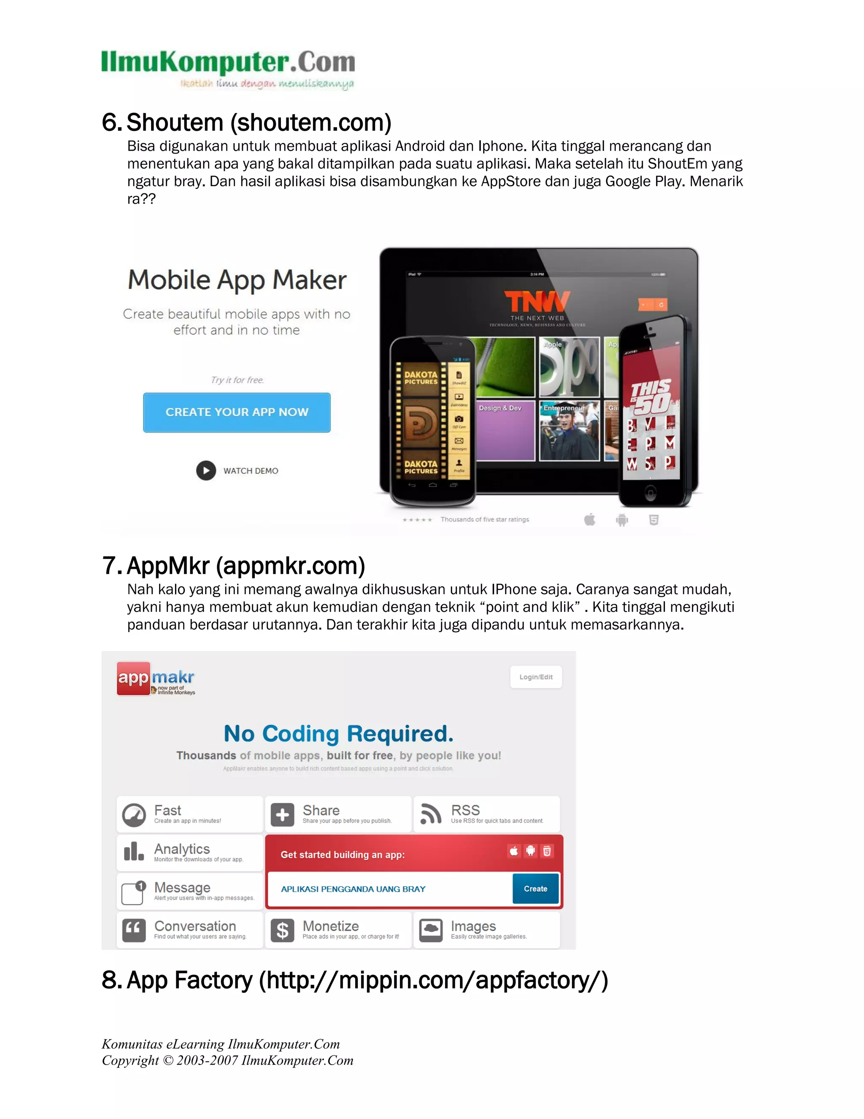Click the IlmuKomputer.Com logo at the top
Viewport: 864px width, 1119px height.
pos(228,68)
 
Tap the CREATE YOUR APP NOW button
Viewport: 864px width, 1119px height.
pos(237,413)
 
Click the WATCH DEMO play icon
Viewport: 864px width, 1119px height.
pos(206,470)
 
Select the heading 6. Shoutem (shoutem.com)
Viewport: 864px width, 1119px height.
pos(247,122)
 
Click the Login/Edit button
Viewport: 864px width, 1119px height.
pos(536,677)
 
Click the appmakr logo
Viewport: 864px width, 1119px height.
pos(156,679)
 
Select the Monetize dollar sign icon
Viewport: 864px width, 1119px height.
pos(282,930)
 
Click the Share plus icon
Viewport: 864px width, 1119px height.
pos(283,814)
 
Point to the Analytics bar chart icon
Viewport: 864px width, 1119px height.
pos(134,852)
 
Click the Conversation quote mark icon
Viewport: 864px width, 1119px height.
pos(134,930)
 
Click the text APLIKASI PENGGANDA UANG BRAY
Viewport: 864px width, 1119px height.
pos(353,889)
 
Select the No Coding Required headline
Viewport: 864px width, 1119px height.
pos(338,734)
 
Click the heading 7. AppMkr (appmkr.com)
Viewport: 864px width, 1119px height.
pos(234,566)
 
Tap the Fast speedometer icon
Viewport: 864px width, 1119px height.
pos(134,815)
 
